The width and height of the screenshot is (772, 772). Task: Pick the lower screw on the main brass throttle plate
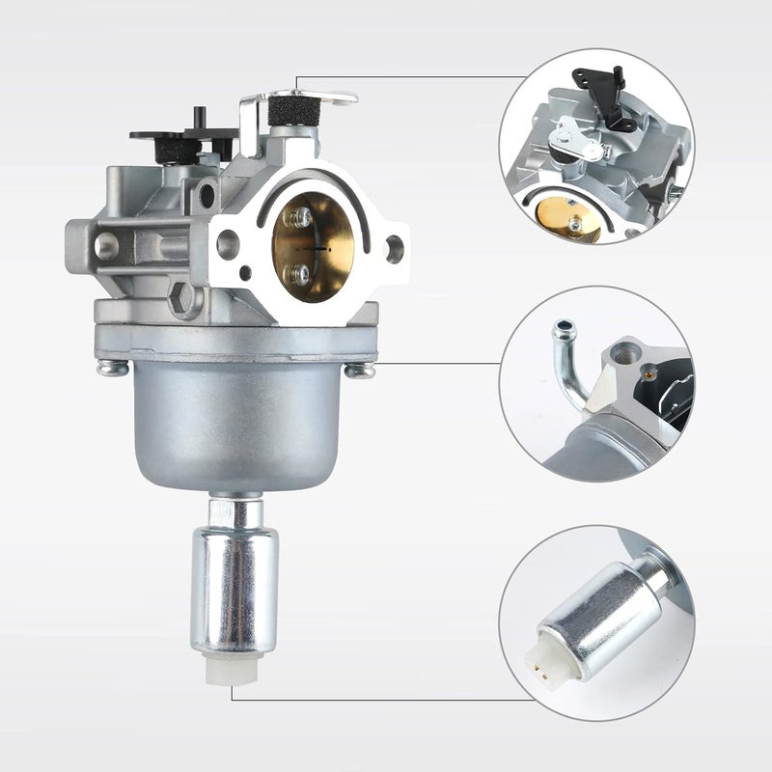pos(303,275)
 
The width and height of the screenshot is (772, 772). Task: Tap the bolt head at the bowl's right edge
pos(361,370)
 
